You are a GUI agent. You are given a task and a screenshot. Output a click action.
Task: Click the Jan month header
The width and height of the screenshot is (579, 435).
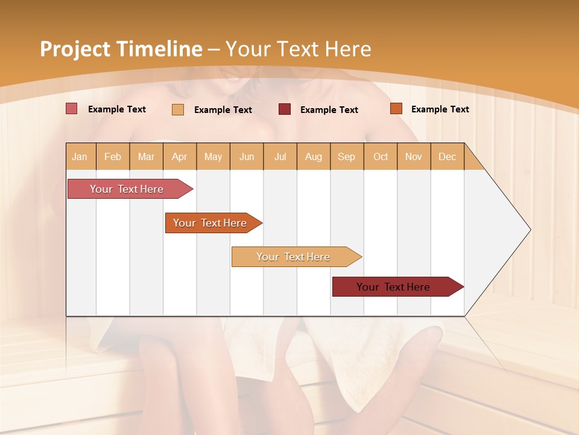80,156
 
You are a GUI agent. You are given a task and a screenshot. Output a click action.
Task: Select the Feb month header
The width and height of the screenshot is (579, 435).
113,156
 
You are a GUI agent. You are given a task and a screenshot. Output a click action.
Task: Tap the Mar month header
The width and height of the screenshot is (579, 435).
146,156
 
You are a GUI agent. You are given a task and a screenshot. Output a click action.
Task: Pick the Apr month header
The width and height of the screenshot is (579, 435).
180,156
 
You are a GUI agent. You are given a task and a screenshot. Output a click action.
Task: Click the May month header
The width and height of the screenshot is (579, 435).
213,156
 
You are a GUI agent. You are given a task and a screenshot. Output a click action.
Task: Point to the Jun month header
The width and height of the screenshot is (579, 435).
247,156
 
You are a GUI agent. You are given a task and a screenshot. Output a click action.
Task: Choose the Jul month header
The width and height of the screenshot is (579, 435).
280,156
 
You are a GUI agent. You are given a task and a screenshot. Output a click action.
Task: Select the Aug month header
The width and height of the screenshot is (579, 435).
314,156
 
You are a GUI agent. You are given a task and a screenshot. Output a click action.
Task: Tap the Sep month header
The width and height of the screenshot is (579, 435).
347,156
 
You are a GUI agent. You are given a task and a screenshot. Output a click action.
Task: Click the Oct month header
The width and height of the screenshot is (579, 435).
381,156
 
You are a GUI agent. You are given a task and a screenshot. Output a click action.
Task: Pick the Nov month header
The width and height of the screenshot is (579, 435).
414,156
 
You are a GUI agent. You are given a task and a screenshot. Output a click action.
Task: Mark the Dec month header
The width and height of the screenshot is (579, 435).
448,156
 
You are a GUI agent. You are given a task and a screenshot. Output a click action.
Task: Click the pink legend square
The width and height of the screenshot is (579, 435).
72,109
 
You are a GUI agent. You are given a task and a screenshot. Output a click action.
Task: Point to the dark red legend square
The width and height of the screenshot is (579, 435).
285,109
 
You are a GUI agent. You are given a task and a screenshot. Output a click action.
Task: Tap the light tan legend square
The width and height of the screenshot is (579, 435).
178,109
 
